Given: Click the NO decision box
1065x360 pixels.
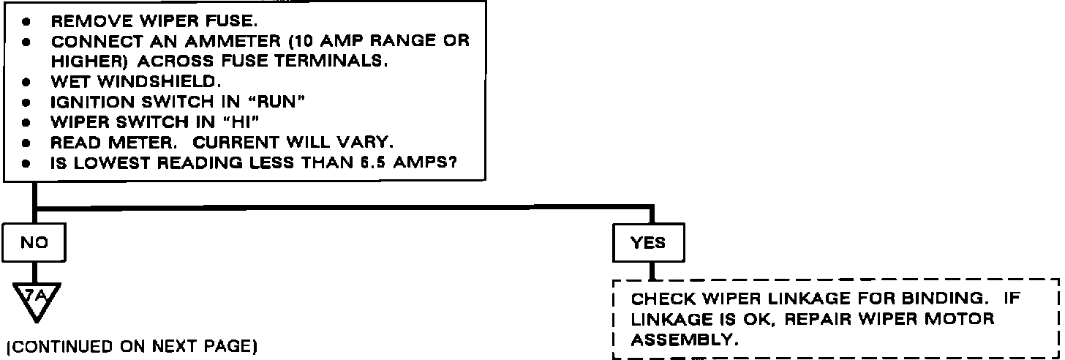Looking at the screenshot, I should pyautogui.click(x=34, y=243).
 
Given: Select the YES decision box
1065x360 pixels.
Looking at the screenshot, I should pyautogui.click(x=649, y=243).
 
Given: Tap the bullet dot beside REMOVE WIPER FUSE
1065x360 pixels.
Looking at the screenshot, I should pyautogui.click(x=26, y=22).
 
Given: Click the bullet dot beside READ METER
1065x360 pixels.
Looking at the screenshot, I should pyautogui.click(x=26, y=144).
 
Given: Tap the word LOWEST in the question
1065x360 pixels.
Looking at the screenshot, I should pyautogui.click(x=102, y=165).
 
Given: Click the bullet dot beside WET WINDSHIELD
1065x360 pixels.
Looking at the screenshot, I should pyautogui.click(x=26, y=83).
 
